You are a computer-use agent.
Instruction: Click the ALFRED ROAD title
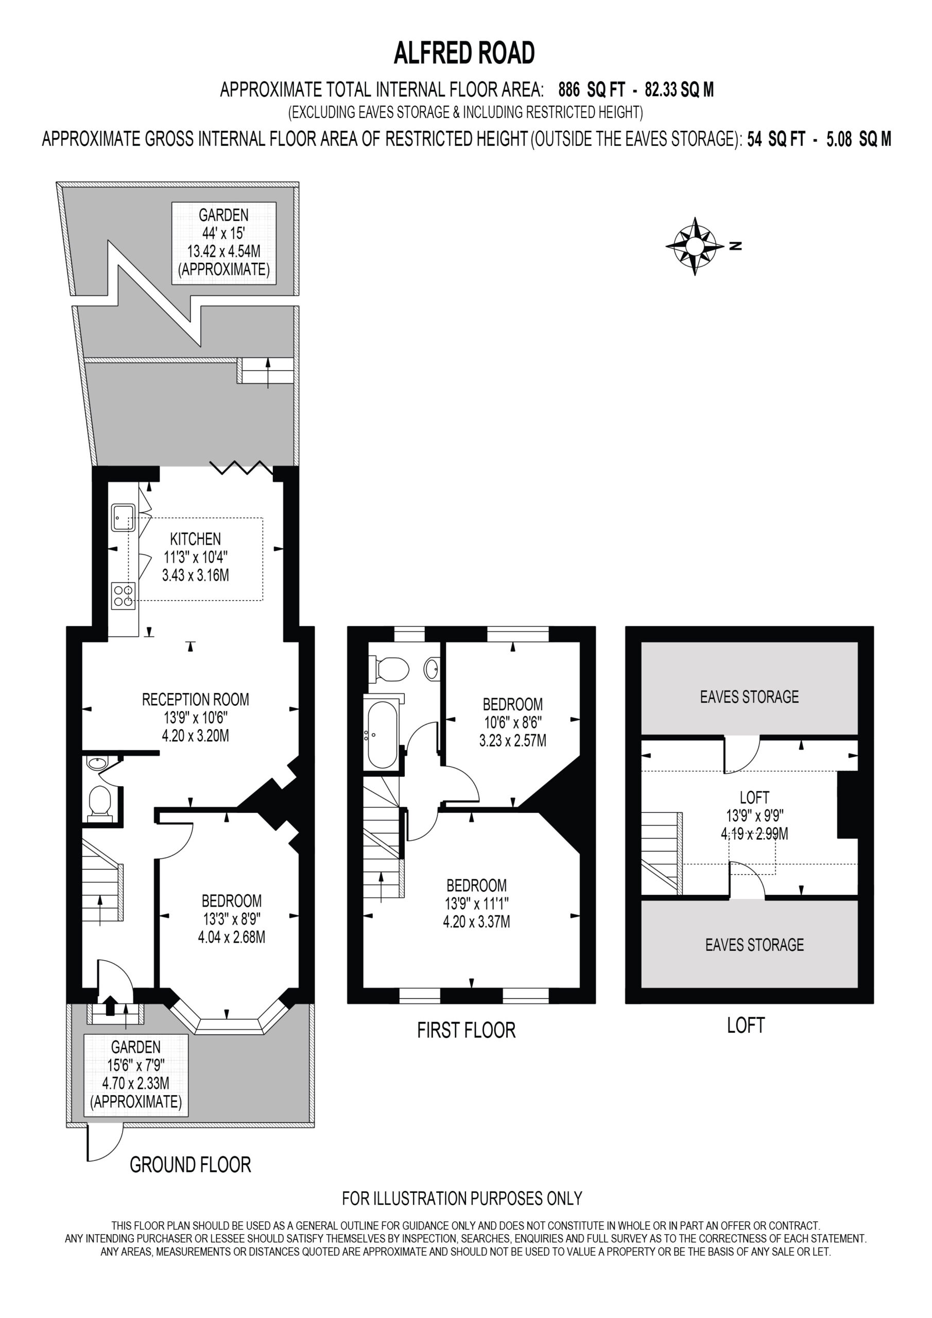point(464,53)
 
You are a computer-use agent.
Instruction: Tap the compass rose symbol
point(695,246)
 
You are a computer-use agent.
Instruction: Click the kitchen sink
point(124,517)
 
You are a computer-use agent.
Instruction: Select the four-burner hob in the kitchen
point(124,595)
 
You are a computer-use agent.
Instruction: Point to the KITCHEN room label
point(195,539)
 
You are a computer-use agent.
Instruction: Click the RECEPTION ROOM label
point(195,699)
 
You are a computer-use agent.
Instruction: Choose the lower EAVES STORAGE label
point(754,944)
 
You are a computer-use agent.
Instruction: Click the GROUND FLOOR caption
point(191,1165)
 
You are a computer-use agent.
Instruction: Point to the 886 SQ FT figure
point(592,90)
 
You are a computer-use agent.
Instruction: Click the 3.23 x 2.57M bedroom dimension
point(513,740)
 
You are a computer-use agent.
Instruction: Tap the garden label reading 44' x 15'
point(223,233)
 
